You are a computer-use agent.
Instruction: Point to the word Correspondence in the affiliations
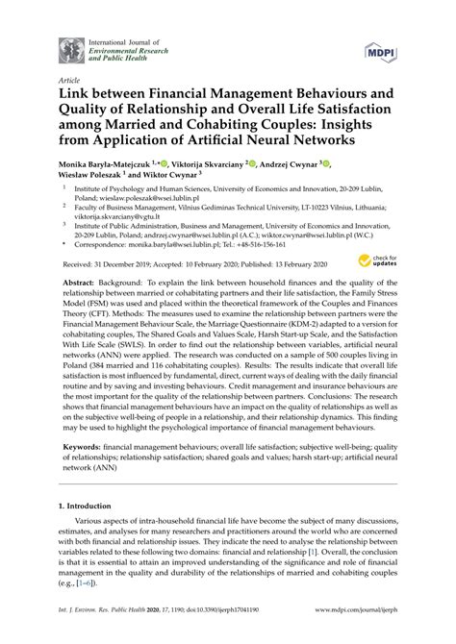tap(100, 245)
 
